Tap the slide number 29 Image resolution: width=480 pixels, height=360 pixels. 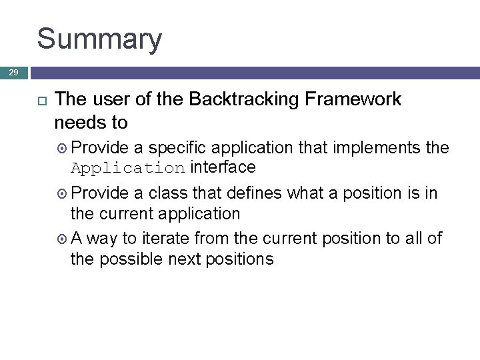coord(13,71)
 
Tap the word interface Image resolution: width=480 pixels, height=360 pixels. coord(223,166)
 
